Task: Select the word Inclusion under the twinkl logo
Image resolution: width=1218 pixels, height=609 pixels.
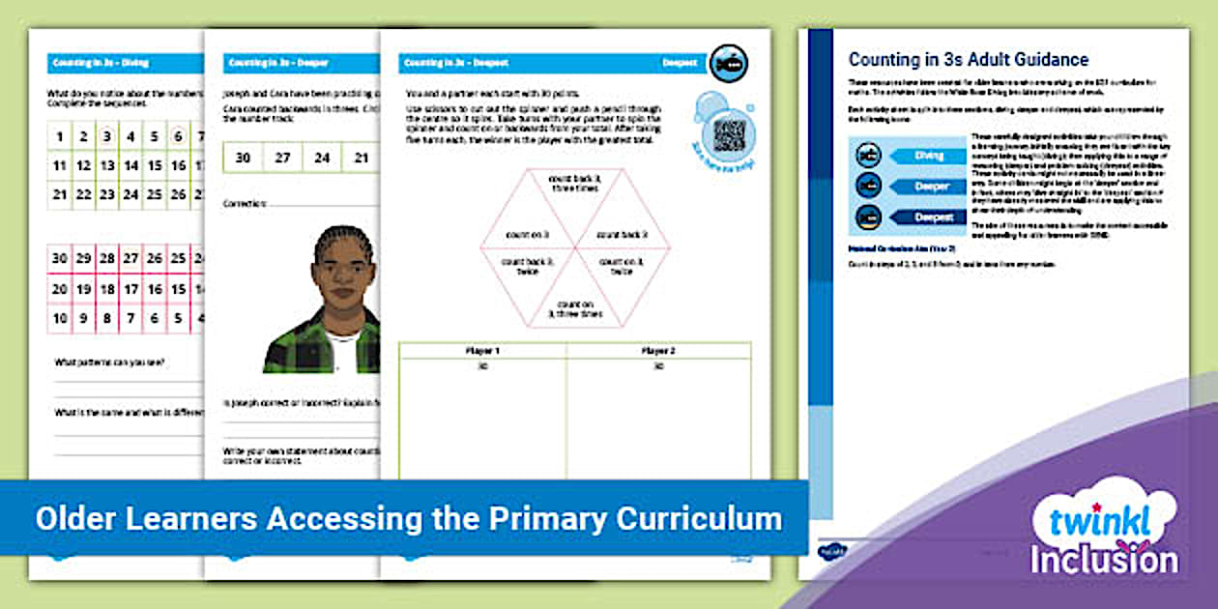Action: pyautogui.click(x=1104, y=562)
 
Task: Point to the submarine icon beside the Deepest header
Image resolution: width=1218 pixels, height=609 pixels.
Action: pyautogui.click(x=728, y=64)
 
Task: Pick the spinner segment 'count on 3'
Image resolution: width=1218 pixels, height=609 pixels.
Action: pyautogui.click(x=529, y=235)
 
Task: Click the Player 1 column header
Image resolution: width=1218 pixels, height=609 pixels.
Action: pyautogui.click(x=482, y=350)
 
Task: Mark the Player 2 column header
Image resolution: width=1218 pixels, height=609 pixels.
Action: pyautogui.click(x=657, y=350)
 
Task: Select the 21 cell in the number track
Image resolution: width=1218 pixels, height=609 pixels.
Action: pyautogui.click(x=360, y=158)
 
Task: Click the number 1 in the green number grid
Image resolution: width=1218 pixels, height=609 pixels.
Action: pyautogui.click(x=60, y=136)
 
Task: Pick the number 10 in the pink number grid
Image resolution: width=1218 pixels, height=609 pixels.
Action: pyautogui.click(x=60, y=318)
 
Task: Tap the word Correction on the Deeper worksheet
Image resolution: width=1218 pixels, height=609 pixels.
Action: pyautogui.click(x=246, y=205)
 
